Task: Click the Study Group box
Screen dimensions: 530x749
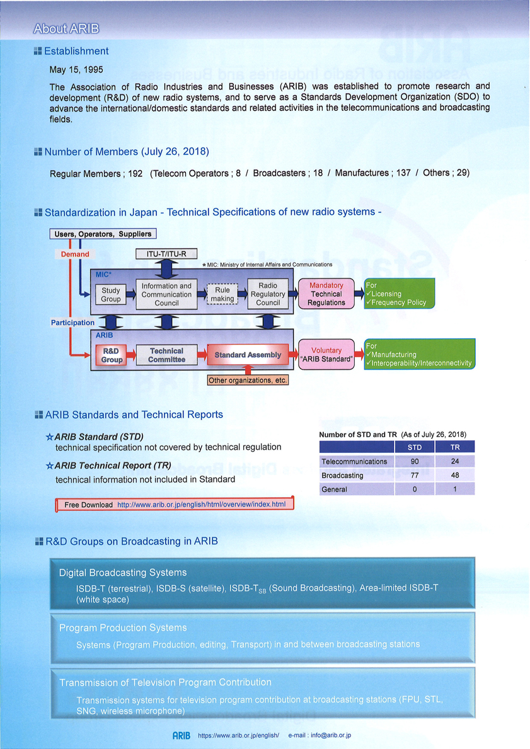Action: coord(110,294)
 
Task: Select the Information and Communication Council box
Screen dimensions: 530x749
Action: coord(166,294)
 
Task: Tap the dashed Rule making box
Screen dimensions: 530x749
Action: coord(222,294)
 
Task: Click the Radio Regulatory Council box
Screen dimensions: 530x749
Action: coord(268,294)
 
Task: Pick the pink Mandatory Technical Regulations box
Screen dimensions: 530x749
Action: coord(326,294)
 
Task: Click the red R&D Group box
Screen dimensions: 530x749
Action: coord(112,355)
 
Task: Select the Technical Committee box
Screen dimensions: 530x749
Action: coord(166,355)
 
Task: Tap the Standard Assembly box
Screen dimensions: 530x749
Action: coord(248,355)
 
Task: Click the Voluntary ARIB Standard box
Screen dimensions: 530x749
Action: coord(326,355)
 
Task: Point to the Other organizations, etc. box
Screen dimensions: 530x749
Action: coord(248,380)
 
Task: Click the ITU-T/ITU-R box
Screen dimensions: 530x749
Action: coord(166,254)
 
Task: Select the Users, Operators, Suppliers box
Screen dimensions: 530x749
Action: coord(103,234)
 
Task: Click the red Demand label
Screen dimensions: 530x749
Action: coord(75,254)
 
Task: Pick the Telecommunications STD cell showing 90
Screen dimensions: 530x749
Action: coord(414,462)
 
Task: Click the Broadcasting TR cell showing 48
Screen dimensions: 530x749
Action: coord(455,475)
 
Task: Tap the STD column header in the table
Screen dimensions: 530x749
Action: coord(414,447)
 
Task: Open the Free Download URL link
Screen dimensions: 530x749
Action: coord(201,505)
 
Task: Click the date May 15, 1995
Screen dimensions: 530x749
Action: coord(76,70)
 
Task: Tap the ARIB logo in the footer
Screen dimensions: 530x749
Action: coord(181,736)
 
